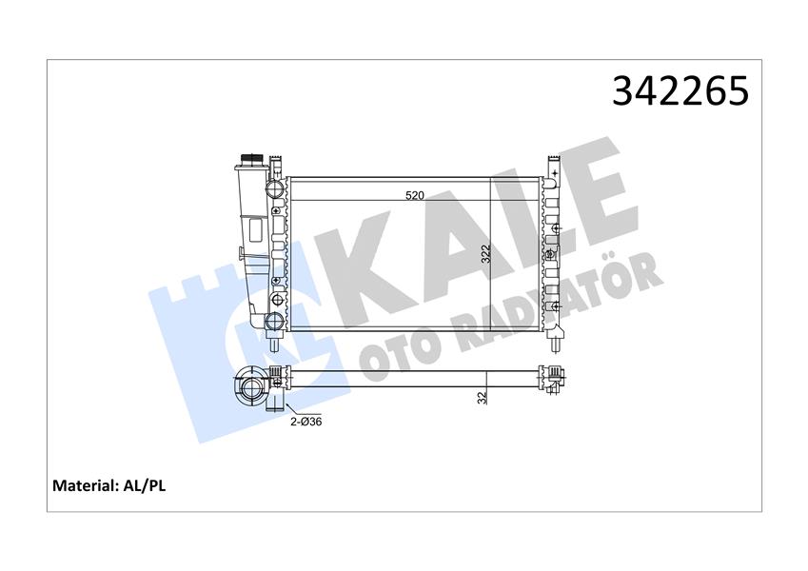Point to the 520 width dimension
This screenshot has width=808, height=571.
(x=415, y=195)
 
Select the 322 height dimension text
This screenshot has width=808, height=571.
(x=485, y=254)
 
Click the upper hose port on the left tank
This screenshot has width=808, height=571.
(x=276, y=187)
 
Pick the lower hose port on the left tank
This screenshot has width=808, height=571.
(x=276, y=320)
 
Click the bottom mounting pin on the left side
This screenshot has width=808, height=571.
(x=275, y=337)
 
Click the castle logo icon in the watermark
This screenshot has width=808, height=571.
(x=200, y=305)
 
